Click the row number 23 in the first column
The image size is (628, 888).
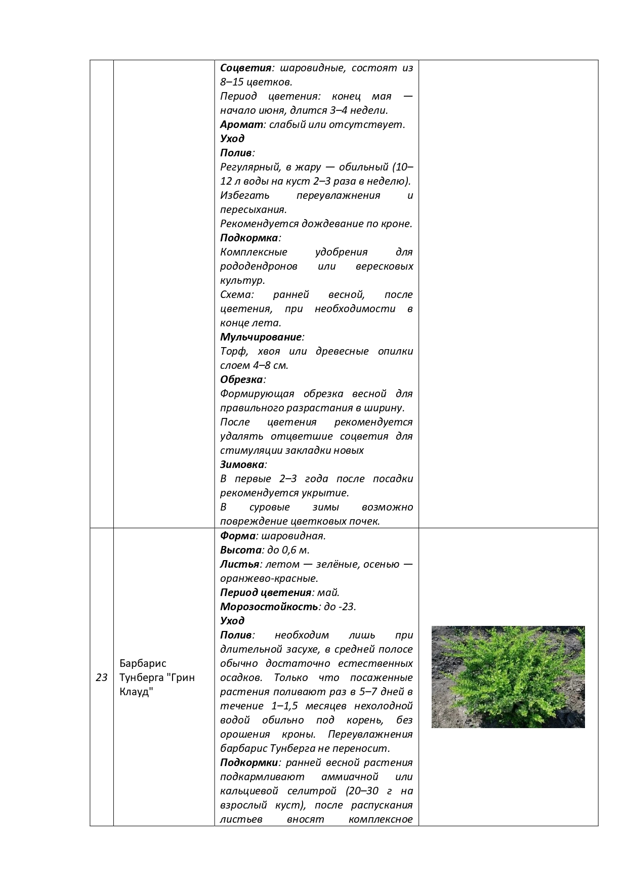[102, 678]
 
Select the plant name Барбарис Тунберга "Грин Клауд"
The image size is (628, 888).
[157, 678]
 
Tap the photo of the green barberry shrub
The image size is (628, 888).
[508, 677]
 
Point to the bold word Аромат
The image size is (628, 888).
[242, 124]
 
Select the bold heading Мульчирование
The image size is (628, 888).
[261, 337]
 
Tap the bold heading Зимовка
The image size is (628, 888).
[242, 464]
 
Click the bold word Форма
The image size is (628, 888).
[238, 536]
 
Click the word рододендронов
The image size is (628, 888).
[259, 266]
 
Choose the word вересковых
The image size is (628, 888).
[384, 266]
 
